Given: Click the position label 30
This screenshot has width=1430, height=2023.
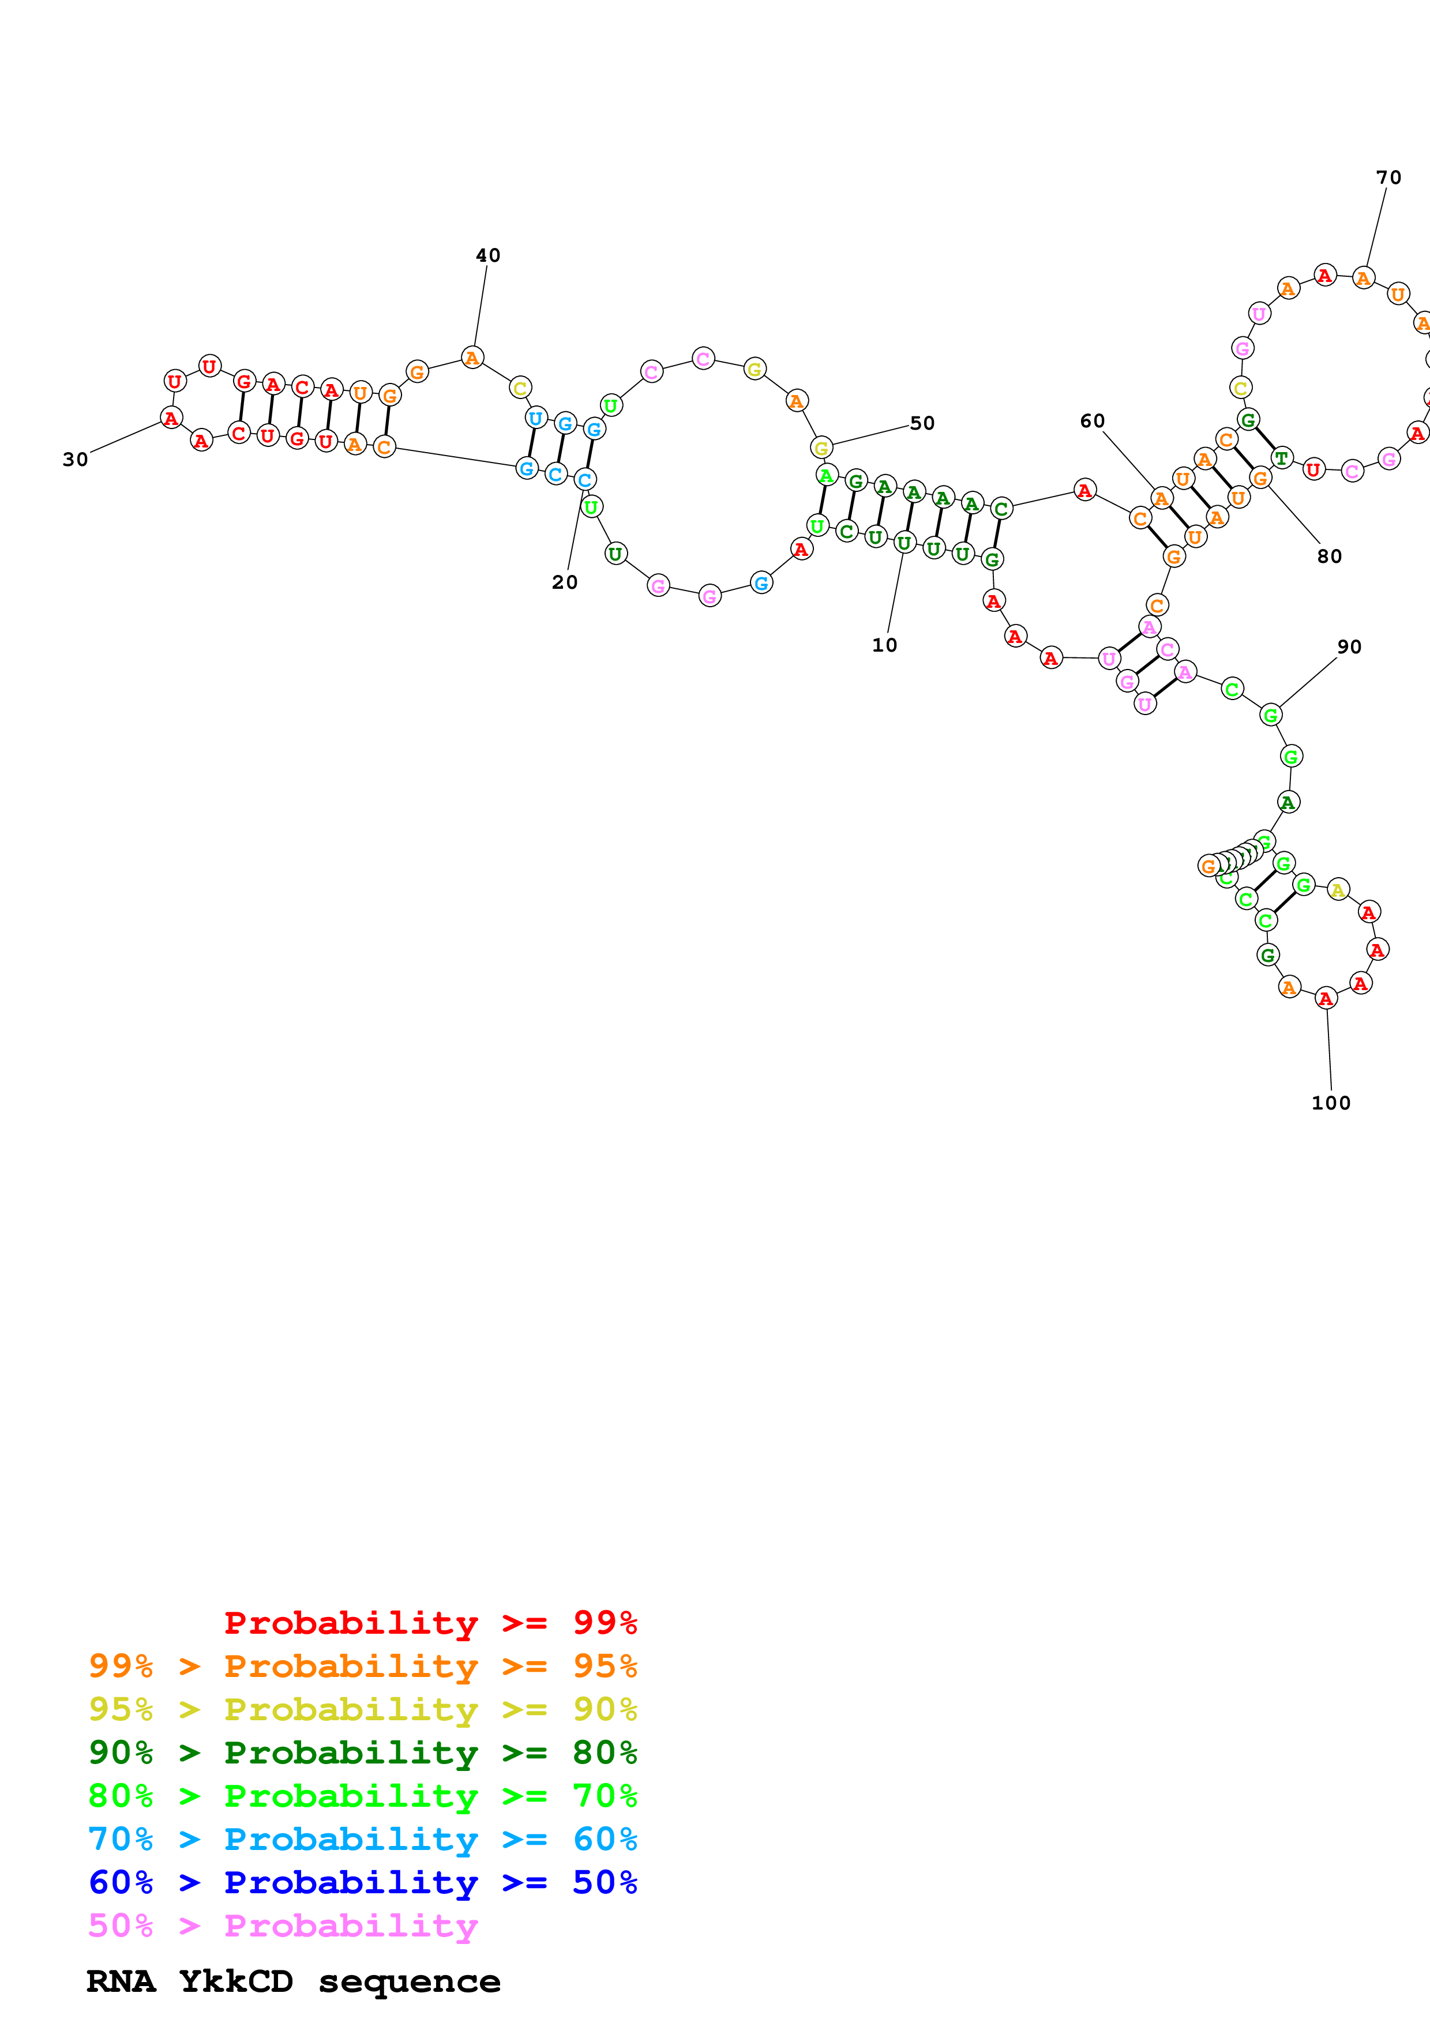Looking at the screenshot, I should coord(76,459).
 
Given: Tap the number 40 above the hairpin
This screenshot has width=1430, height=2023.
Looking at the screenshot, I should coord(488,255).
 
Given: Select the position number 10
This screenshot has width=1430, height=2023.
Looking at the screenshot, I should coord(885,645).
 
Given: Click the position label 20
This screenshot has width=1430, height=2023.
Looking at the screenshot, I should coord(565,582).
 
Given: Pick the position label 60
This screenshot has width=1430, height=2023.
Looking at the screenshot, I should coord(1093,421).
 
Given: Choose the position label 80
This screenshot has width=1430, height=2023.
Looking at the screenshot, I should coord(1330,556).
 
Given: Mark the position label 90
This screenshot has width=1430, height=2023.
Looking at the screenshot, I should coord(1349,646).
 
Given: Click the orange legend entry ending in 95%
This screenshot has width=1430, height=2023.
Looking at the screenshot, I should coord(363,1665).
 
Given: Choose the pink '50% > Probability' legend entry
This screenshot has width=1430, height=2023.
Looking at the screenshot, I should coord(283,1924).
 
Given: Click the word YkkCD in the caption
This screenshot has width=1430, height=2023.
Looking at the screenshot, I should coord(236,1981).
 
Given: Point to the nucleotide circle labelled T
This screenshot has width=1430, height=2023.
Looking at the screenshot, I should coord(1281,458).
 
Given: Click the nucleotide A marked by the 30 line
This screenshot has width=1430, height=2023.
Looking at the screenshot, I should coord(171,418).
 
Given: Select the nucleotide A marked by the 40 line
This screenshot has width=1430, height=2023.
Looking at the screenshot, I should coord(472,358).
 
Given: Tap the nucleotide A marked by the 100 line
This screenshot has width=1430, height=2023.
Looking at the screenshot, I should coord(1326,998).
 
